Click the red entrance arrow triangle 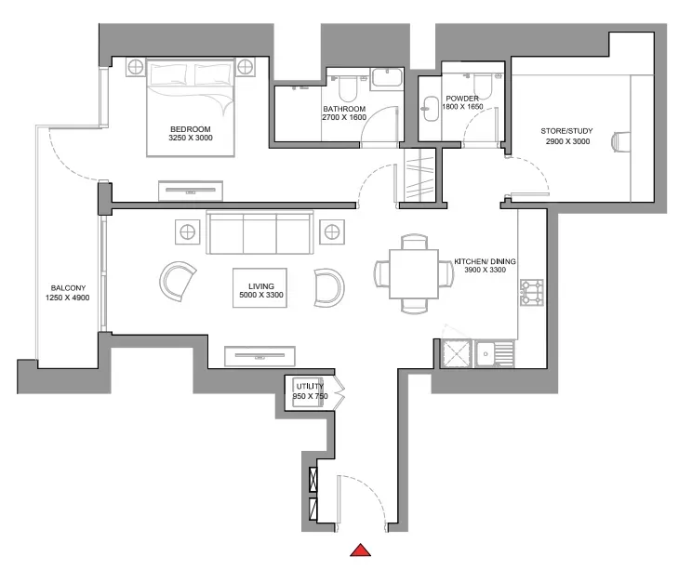pos(360,550)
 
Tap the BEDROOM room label pos(191,129)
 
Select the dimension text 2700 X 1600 pos(344,117)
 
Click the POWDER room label pos(462,99)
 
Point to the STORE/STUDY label pos(566,131)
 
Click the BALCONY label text pos(68,288)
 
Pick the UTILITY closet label pos(310,387)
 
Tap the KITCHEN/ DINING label pos(485,261)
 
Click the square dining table pos(414,274)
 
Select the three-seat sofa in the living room pos(259,232)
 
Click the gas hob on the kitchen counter pos(531,293)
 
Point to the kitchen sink pos(494,353)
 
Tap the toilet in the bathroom pos(348,89)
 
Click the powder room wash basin pos(428,108)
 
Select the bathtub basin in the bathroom pos(387,78)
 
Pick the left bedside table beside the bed pos(136,67)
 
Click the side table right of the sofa pos(332,232)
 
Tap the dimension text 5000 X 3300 pos(261,295)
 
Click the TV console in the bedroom pos(191,191)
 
